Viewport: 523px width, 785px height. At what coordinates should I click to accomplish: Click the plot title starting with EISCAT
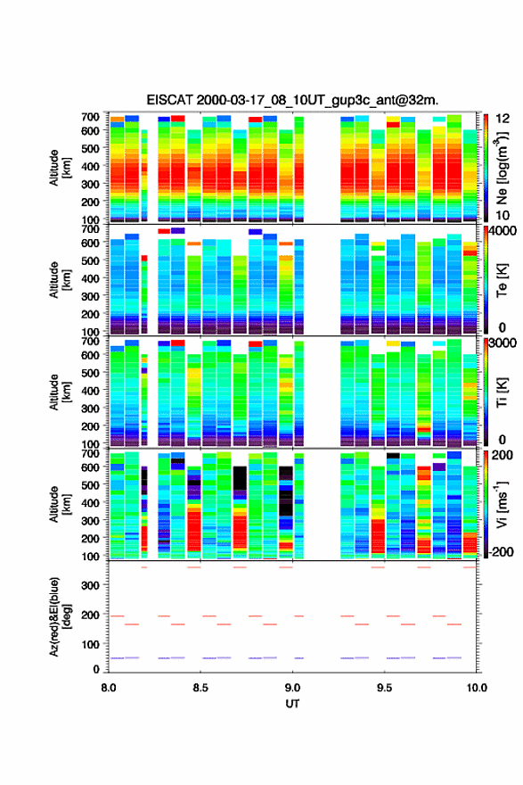(292, 100)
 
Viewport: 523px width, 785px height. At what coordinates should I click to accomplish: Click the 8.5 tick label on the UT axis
(200, 688)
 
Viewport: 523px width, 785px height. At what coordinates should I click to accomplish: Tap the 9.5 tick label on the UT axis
(385, 688)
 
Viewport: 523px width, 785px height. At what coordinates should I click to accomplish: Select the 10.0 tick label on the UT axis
(477, 688)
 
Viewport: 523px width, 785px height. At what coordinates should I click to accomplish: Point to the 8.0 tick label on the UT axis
(109, 688)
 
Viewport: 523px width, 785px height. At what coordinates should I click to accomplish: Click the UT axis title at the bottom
(292, 704)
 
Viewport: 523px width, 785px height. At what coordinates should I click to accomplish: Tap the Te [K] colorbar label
(502, 280)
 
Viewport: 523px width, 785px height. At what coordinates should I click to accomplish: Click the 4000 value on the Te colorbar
(503, 231)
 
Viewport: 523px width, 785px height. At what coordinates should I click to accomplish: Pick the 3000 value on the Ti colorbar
(503, 343)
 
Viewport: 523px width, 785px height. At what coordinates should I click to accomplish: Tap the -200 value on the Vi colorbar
(502, 551)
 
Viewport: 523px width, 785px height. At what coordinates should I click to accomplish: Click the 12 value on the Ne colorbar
(503, 119)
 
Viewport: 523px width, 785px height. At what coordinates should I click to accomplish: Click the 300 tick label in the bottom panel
(90, 585)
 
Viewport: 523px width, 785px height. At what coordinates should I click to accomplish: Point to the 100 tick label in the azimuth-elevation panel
(90, 644)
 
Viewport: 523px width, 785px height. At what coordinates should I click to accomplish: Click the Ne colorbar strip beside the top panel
(486, 168)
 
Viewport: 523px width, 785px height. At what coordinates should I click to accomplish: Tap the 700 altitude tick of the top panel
(90, 117)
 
